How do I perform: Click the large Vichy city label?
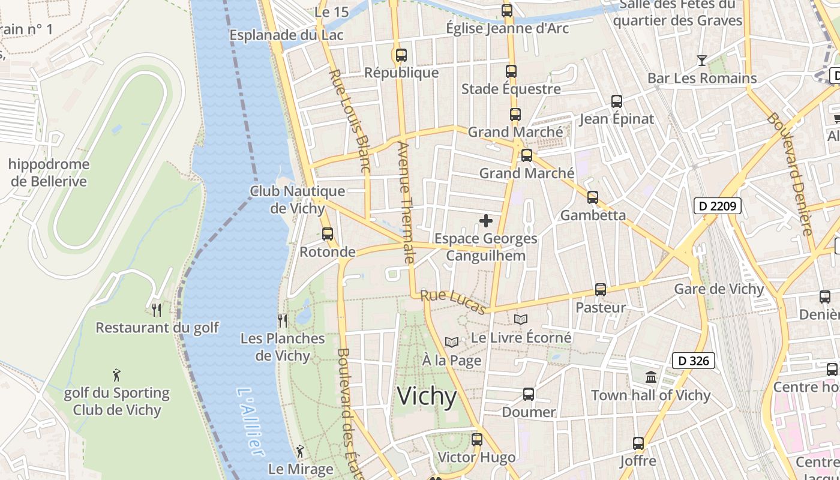(x=427, y=397)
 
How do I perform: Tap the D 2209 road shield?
(x=718, y=206)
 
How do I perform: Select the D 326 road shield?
(x=694, y=361)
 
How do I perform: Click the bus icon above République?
(x=401, y=55)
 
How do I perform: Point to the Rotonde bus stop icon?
(x=328, y=234)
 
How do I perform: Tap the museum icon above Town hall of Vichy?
(x=651, y=377)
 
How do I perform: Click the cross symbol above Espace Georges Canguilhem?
(x=486, y=221)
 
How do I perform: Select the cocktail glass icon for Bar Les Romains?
(x=701, y=60)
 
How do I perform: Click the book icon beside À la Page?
(x=452, y=342)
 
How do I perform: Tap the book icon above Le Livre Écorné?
(x=521, y=319)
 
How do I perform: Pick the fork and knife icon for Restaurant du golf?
(x=157, y=310)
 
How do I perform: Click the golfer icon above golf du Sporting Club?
(x=116, y=376)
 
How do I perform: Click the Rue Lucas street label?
(x=453, y=302)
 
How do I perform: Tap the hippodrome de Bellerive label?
(x=49, y=173)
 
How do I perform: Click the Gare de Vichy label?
(x=719, y=289)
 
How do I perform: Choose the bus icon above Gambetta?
(x=593, y=197)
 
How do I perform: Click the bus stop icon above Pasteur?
(x=601, y=290)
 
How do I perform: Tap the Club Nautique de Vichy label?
(x=298, y=200)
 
